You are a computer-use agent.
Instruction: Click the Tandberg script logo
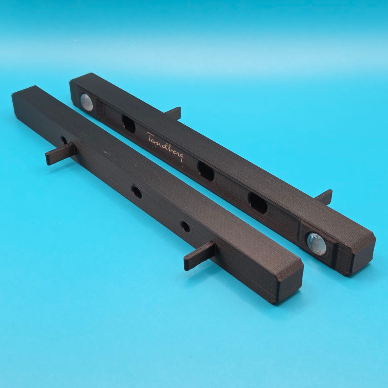pyautogui.click(x=165, y=147)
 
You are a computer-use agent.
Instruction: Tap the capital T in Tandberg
pyautogui.click(x=150, y=137)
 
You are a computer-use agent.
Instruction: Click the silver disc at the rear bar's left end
pyautogui.click(x=87, y=102)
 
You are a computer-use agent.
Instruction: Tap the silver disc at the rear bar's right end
pyautogui.click(x=316, y=244)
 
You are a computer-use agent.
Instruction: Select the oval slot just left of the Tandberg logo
pyautogui.click(x=129, y=124)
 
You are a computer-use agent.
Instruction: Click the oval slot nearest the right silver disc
pyautogui.click(x=257, y=203)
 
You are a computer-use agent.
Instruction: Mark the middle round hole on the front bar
pyautogui.click(x=137, y=192)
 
